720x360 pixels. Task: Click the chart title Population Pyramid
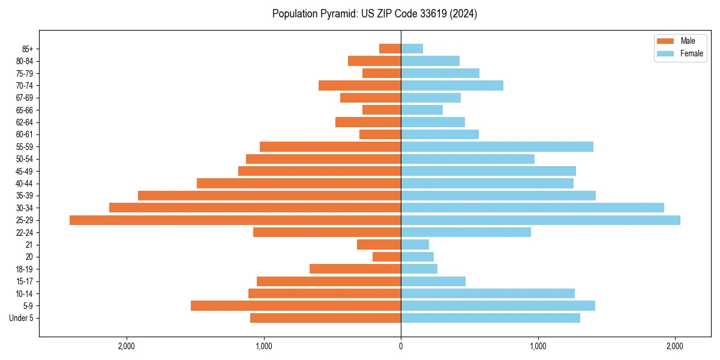(x=374, y=14)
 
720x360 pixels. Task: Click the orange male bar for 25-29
(x=235, y=220)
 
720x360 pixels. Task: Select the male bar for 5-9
(x=296, y=306)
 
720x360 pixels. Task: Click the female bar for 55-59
(x=497, y=147)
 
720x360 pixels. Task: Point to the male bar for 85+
(x=390, y=49)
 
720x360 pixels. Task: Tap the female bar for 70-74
(x=452, y=86)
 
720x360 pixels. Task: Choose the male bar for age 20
(x=386, y=257)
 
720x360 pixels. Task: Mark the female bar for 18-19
(x=419, y=269)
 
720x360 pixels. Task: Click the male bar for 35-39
(x=269, y=196)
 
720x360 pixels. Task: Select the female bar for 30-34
(x=532, y=208)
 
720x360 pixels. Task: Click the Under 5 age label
(x=21, y=318)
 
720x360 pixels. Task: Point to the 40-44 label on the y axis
(x=25, y=184)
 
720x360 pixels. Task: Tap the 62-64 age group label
(x=25, y=122)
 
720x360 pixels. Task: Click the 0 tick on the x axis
(x=401, y=346)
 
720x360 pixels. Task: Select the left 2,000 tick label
(x=127, y=346)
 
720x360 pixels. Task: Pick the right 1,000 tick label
(x=538, y=346)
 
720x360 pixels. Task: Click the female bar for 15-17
(x=433, y=281)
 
